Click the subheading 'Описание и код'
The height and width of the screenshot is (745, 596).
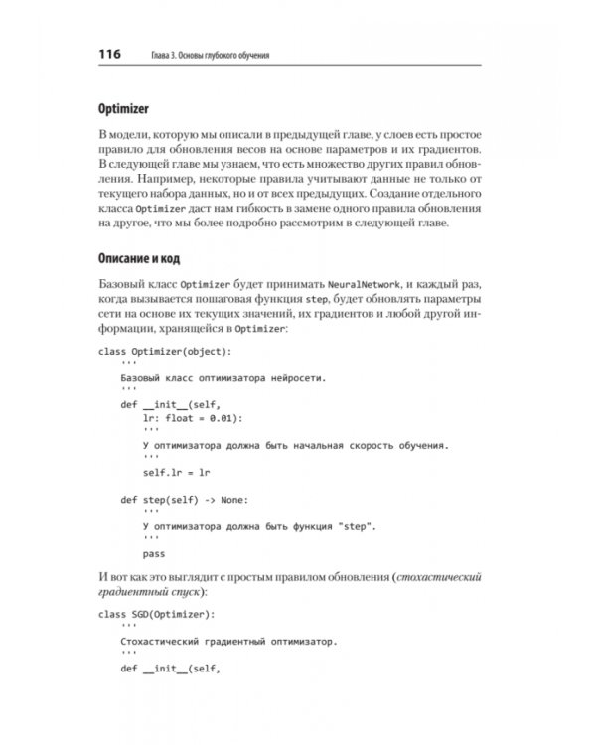(138, 259)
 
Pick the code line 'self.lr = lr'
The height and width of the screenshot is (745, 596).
(176, 473)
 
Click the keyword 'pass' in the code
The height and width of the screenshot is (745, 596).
(153, 553)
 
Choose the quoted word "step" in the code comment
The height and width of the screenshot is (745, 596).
(369, 526)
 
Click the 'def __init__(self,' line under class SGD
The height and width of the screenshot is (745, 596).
(169, 669)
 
